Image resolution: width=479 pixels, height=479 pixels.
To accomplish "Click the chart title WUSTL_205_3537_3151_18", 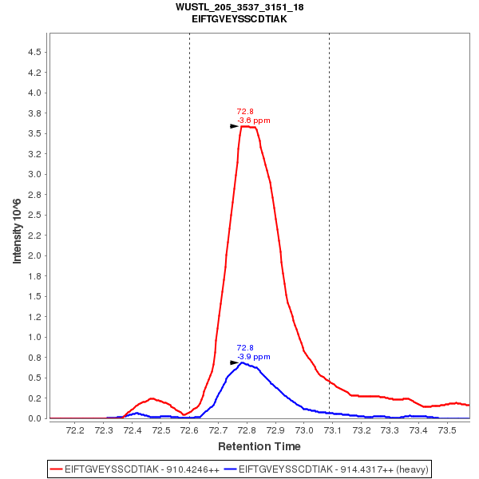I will (239, 7).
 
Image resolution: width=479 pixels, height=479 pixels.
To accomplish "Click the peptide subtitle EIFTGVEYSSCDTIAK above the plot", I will (239, 18).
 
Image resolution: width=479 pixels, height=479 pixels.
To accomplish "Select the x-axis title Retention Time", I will (259, 445).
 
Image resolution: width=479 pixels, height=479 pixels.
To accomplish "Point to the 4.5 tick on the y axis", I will (34, 52).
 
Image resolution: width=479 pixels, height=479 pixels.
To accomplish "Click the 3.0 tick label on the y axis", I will (34, 174).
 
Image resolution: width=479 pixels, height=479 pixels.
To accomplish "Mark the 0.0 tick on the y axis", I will (34, 418).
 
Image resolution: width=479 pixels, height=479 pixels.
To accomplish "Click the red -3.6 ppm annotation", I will (254, 121).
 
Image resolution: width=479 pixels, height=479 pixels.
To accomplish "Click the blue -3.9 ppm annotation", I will (254, 356).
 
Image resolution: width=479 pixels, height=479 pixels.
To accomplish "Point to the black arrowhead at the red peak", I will (235, 126).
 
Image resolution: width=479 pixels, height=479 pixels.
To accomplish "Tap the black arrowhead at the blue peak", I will (235, 362).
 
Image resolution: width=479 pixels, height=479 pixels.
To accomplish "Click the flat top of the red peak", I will (249, 127).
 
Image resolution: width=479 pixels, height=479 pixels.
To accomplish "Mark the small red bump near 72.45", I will (151, 398).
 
